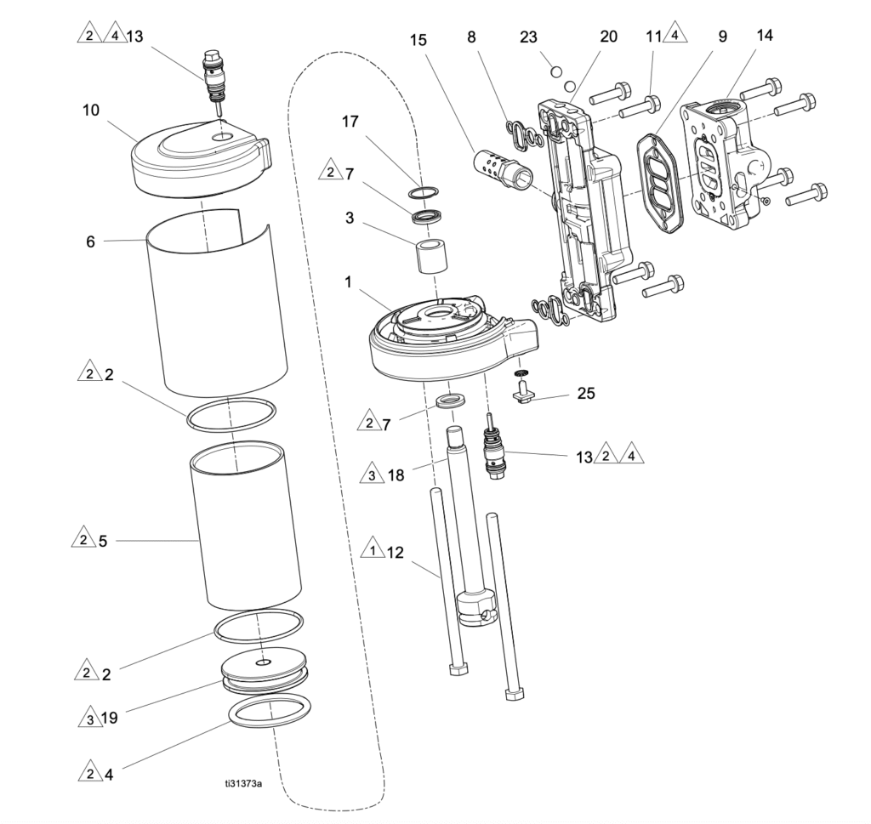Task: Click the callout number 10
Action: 90,110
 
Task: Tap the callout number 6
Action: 90,242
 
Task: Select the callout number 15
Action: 418,40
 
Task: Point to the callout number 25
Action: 586,393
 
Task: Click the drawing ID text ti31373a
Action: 243,783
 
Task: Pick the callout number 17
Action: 350,121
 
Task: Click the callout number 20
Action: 609,36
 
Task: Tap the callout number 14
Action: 765,35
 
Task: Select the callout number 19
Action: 110,718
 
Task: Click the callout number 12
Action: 395,553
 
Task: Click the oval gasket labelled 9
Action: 659,181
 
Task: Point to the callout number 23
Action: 528,37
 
